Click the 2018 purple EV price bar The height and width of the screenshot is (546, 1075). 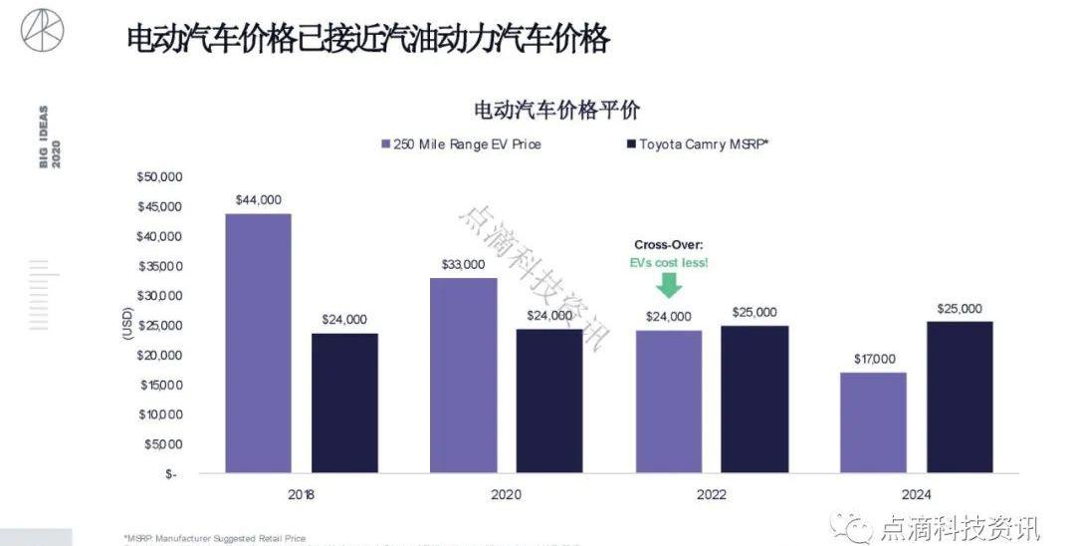click(x=258, y=343)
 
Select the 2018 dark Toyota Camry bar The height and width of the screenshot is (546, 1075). click(x=343, y=403)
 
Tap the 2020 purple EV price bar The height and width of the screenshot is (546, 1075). click(x=463, y=375)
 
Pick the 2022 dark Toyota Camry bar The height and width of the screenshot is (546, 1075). click(x=753, y=399)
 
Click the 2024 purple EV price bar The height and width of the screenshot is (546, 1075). click(x=872, y=422)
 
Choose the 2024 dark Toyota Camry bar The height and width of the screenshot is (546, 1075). click(x=959, y=397)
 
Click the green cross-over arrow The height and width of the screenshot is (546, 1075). click(x=669, y=286)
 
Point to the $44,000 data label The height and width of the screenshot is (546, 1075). click(x=258, y=200)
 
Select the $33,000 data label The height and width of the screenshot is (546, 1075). click(x=463, y=264)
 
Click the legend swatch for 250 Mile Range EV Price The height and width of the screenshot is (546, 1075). click(x=385, y=144)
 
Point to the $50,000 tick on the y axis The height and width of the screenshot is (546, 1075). click(x=159, y=177)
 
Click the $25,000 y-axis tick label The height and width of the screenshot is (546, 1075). click(x=159, y=326)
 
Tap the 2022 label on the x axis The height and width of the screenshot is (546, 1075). click(x=711, y=495)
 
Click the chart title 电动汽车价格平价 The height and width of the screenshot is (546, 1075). click(x=556, y=110)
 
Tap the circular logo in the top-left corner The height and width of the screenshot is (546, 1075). click(x=42, y=30)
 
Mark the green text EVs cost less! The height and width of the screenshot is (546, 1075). click(x=669, y=263)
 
